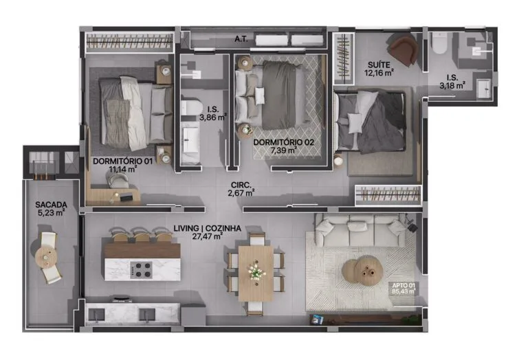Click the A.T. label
(241, 39)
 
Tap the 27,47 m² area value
(207, 236)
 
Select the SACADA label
(51, 205)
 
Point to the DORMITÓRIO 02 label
(283, 142)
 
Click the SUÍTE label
(379, 65)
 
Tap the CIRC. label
(241, 185)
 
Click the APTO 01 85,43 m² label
(404, 289)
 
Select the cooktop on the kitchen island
(141, 270)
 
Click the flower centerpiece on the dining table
(256, 271)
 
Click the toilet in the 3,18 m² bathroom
(439, 44)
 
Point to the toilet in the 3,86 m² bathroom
(190, 107)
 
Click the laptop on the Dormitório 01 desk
(126, 197)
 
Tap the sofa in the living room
(360, 231)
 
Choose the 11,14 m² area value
(122, 169)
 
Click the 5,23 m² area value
(51, 213)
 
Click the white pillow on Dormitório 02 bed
(260, 96)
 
